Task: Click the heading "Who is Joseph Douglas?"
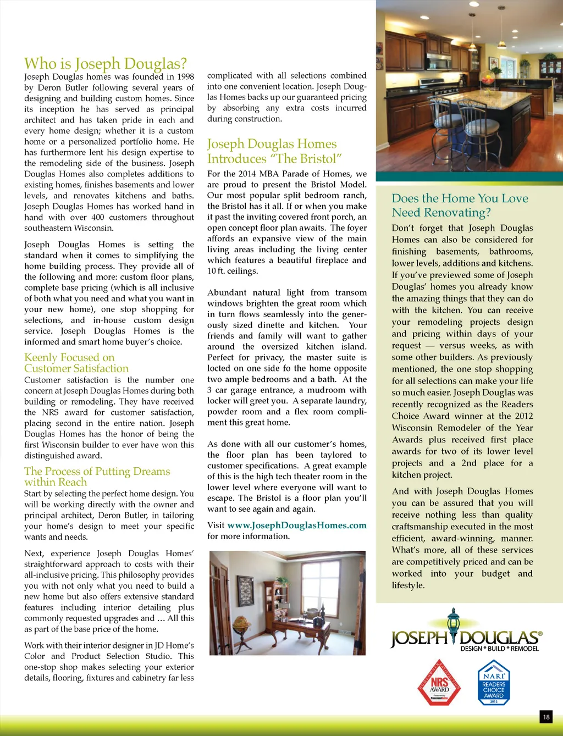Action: pyautogui.click(x=106, y=64)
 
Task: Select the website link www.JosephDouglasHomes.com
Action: pyautogui.click(x=297, y=525)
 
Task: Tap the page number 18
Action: pyautogui.click(x=546, y=717)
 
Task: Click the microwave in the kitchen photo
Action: pyautogui.click(x=439, y=61)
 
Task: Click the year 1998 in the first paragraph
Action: pyautogui.click(x=185, y=77)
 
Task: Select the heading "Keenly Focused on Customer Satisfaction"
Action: pyautogui.click(x=76, y=363)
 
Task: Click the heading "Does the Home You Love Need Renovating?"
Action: pyautogui.click(x=460, y=205)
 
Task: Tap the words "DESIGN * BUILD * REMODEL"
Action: pyautogui.click(x=499, y=649)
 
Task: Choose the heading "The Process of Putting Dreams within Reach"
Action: pyautogui.click(x=97, y=477)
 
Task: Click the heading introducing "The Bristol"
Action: pyautogui.click(x=274, y=151)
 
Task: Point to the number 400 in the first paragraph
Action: pyautogui.click(x=98, y=217)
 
